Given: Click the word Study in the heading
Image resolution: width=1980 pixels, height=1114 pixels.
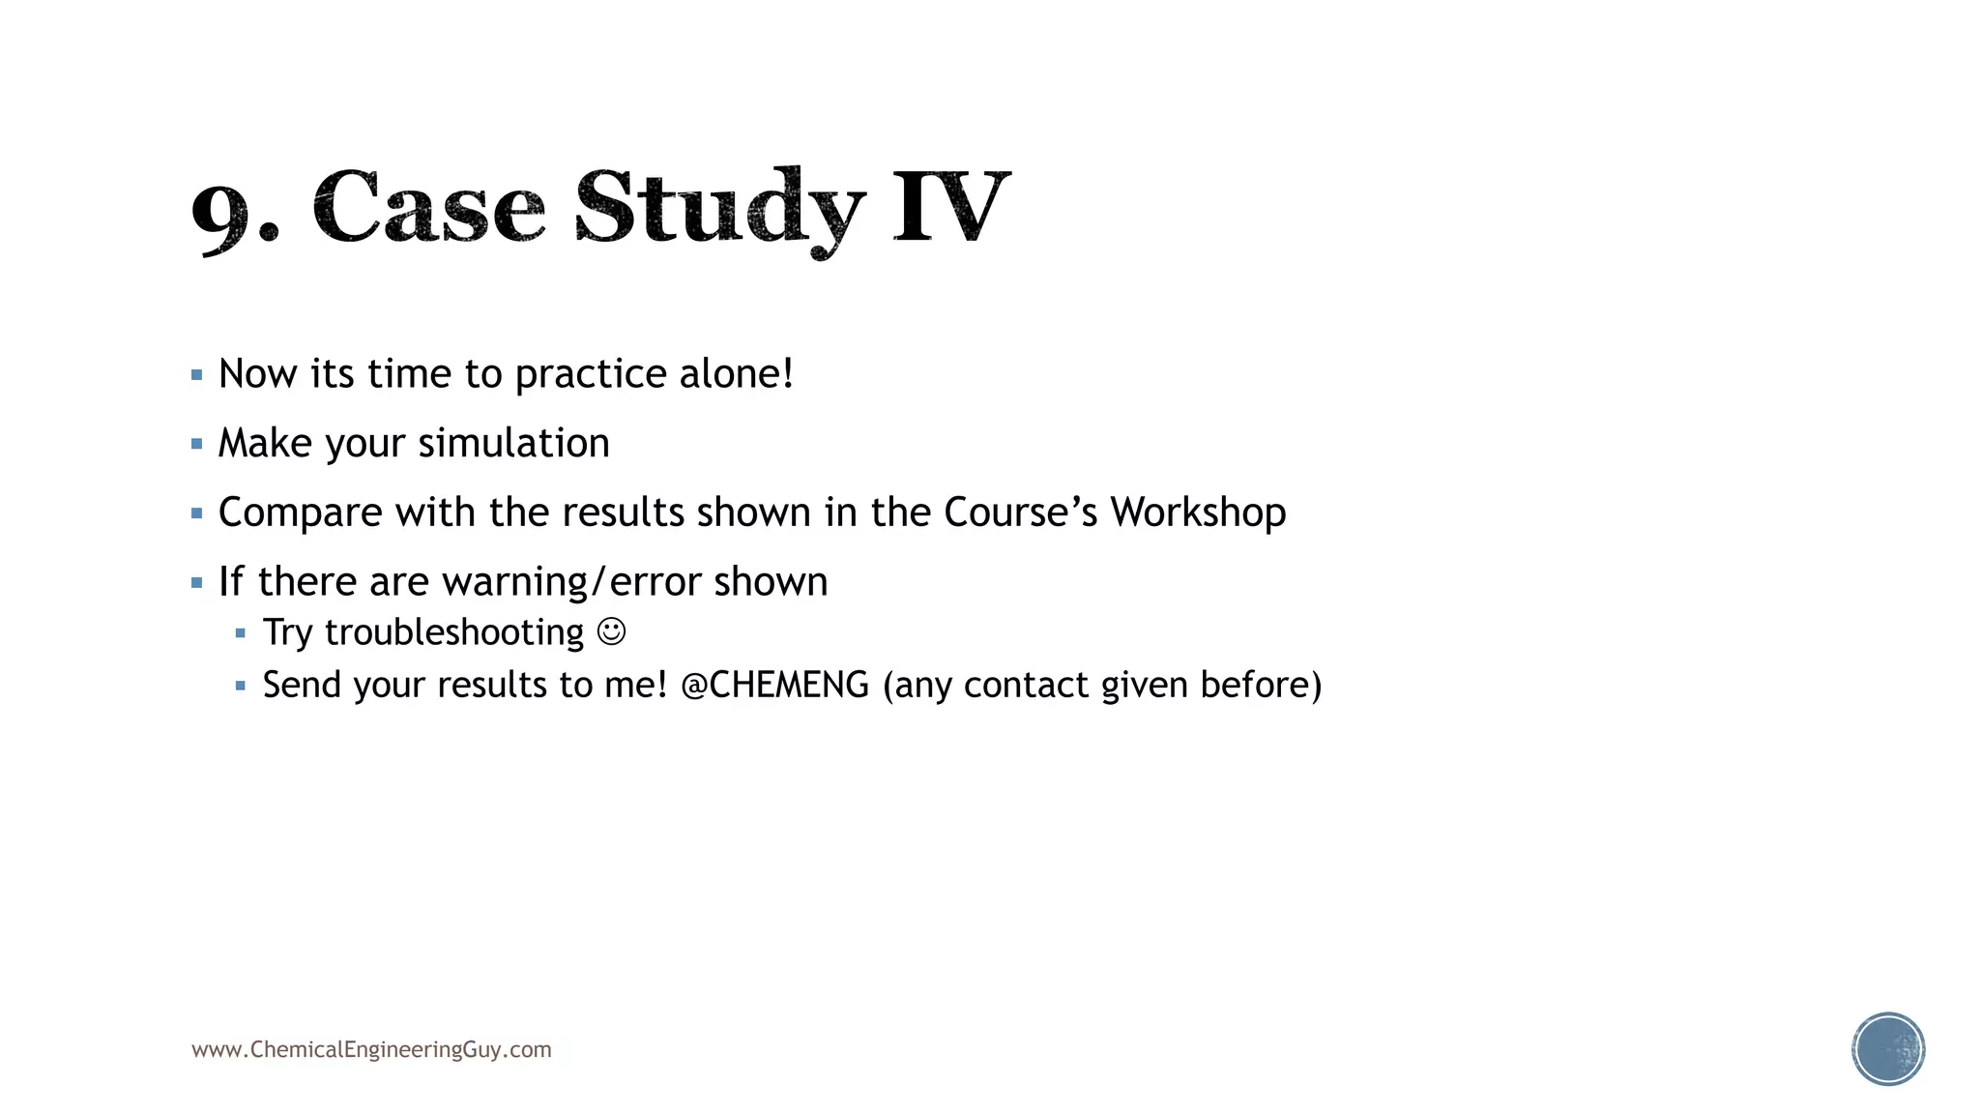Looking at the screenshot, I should coord(719,208).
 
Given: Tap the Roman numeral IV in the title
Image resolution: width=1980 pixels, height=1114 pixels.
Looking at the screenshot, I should coord(951,206).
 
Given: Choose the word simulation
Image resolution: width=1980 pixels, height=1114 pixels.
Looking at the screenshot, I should coord(513,444).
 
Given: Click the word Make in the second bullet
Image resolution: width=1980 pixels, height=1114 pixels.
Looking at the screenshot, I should coord(265,444).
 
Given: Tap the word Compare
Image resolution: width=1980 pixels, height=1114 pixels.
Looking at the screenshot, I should coord(300,513).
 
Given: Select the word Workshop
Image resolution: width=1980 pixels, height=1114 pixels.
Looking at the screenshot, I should coord(1198,513).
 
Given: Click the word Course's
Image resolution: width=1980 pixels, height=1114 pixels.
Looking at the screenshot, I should coord(1020,513).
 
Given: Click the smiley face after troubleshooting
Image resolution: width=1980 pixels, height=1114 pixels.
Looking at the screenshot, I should coord(611,632).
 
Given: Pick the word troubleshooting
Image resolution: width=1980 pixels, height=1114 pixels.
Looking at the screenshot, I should coord(454,633).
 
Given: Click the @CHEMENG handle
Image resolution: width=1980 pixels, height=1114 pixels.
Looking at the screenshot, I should coord(774,685).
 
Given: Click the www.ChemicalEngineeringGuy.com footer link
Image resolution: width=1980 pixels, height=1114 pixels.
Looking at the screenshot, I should coord(371,1050).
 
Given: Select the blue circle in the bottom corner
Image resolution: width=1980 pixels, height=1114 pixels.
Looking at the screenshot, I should coord(1888,1049).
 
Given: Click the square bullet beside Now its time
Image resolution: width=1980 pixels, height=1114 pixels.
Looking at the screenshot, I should coord(197,375).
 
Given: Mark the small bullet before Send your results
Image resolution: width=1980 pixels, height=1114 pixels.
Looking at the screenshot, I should coord(241,686).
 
